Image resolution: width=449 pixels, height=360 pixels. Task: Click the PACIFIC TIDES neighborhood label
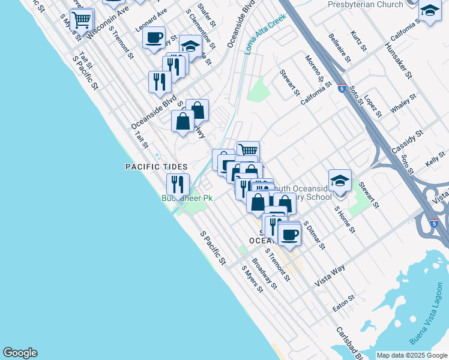tap(156, 167)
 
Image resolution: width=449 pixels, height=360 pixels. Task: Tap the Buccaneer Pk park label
tap(184, 198)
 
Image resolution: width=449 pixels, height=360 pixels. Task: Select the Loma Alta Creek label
tap(264, 34)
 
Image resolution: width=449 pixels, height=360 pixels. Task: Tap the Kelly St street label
tap(436, 158)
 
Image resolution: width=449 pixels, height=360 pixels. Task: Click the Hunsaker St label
tap(400, 60)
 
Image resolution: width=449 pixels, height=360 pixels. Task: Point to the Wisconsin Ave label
tap(109, 24)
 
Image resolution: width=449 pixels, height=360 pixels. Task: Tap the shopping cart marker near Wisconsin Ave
tap(81, 20)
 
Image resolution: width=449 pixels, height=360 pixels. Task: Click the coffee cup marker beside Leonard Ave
tap(154, 37)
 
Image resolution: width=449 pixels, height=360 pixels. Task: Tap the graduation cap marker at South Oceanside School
tap(340, 180)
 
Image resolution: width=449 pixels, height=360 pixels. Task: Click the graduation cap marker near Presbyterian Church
tap(430, 11)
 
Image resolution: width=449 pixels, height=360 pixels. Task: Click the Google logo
tap(20, 353)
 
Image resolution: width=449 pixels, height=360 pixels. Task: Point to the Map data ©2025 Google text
tap(412, 355)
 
